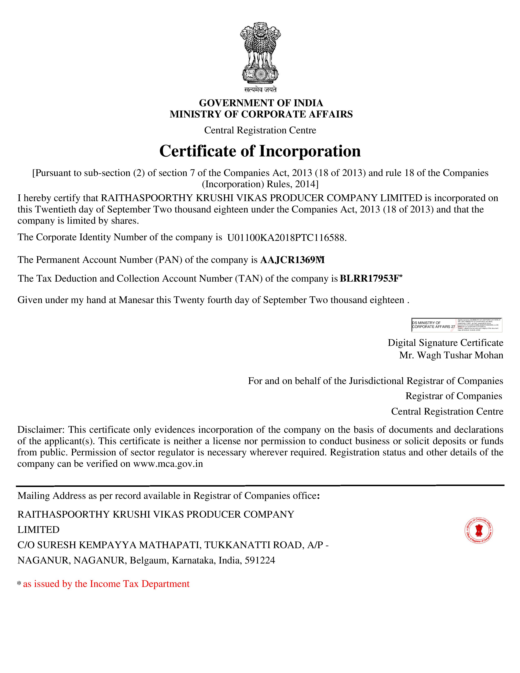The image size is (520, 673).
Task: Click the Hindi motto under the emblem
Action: click(260, 90)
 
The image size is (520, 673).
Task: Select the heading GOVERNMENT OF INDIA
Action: click(261, 103)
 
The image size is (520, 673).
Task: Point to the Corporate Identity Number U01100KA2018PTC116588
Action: click(287, 238)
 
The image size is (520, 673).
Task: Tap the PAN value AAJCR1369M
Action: click(292, 260)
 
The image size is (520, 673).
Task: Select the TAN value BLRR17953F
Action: click(370, 279)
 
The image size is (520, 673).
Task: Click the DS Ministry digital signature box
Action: click(457, 325)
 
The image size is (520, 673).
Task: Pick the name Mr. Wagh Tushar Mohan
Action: click(451, 355)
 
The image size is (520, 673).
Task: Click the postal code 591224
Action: click(260, 560)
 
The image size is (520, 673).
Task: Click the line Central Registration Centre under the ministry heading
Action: click(260, 130)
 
